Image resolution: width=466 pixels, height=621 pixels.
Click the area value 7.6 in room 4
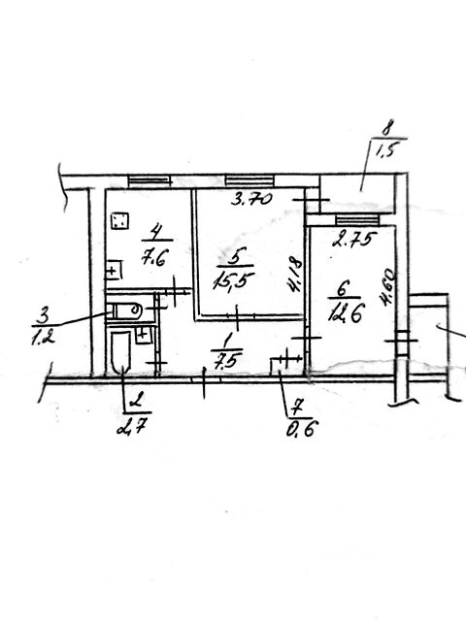(x=154, y=259)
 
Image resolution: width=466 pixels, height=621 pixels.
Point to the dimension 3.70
(x=251, y=198)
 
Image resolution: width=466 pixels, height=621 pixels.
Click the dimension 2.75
(x=353, y=240)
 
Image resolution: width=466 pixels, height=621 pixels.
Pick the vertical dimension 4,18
(x=296, y=276)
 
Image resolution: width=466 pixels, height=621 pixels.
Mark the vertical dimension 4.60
(x=387, y=287)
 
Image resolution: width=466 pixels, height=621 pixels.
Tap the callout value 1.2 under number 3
(x=43, y=338)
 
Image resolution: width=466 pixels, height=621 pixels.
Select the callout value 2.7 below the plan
(x=133, y=426)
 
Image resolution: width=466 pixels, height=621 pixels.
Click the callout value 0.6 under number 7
(x=303, y=428)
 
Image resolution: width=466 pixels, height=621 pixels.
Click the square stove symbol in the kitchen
(x=119, y=221)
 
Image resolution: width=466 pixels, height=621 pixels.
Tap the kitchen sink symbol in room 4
(x=113, y=271)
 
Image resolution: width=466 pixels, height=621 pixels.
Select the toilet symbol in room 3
(x=124, y=310)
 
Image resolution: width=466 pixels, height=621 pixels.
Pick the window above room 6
(x=357, y=219)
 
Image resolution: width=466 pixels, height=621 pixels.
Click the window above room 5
(x=250, y=180)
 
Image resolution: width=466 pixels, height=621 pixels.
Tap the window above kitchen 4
(x=150, y=181)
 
